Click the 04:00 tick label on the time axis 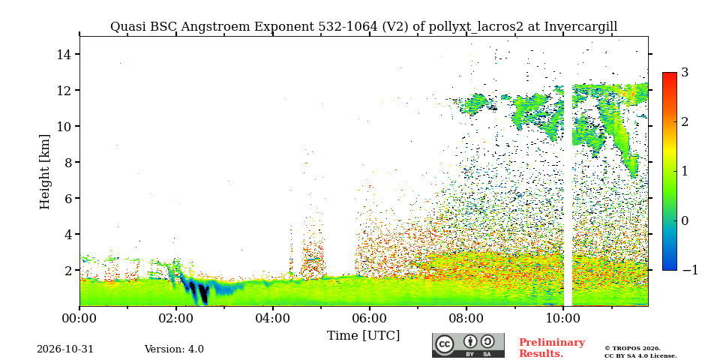[x=273, y=318]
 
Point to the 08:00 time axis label [x=466, y=318]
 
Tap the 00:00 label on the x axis [x=79, y=318]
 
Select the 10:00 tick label [x=563, y=318]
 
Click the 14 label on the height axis [x=63, y=54]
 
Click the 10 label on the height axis [x=63, y=126]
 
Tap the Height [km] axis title [x=44, y=172]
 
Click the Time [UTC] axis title [x=363, y=336]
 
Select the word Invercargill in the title [x=580, y=27]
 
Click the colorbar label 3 [x=685, y=72]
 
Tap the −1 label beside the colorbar [x=691, y=271]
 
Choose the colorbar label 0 [x=685, y=220]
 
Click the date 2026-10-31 [x=65, y=349]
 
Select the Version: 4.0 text [x=174, y=349]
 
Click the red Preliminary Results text [x=552, y=348]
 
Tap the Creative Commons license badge [x=468, y=345]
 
